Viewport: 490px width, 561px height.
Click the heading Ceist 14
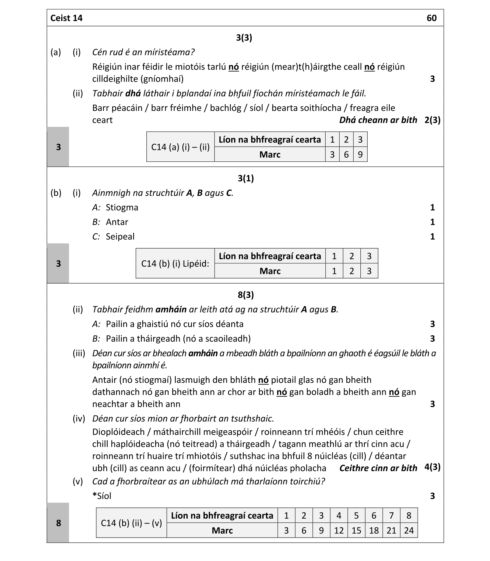66,18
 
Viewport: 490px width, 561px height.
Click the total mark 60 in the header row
432,18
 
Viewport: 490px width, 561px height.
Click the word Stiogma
122,208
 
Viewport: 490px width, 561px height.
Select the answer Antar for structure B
117,222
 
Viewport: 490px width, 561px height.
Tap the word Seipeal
120,237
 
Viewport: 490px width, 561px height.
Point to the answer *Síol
102,496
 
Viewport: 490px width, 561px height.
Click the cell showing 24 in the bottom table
409,531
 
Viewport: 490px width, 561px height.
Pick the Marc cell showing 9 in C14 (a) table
360,155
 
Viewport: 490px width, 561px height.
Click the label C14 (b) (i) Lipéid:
175,264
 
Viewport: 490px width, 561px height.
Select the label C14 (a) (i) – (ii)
181,147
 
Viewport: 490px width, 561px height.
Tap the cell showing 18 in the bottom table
374,531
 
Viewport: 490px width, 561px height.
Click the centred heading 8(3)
246,295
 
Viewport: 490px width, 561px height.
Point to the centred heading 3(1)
246,179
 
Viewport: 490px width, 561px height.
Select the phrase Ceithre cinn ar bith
378,468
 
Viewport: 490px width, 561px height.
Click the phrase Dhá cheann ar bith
378,120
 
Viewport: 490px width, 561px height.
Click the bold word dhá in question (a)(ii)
133,94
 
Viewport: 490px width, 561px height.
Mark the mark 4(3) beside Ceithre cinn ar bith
432,467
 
